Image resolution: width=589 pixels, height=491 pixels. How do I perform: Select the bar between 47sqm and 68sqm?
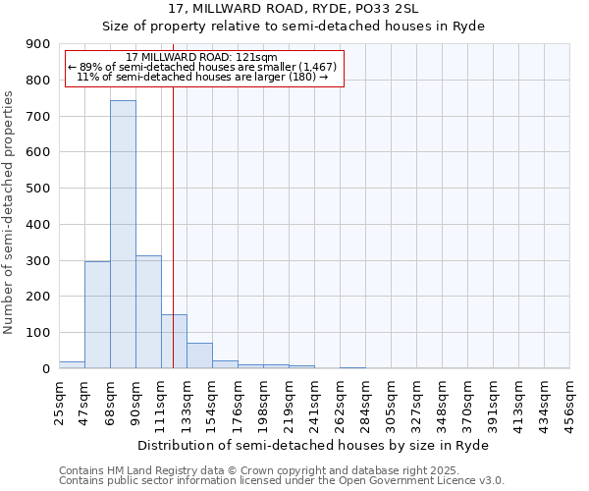[x=97, y=314]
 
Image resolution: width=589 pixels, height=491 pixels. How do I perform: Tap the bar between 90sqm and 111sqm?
[x=148, y=311]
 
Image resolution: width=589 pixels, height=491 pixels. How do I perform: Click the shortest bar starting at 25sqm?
[x=72, y=364]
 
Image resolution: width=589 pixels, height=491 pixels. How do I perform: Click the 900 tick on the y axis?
[x=39, y=44]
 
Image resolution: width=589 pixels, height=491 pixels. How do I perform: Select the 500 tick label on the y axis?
[x=39, y=189]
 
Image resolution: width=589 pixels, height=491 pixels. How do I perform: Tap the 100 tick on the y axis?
[x=39, y=333]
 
